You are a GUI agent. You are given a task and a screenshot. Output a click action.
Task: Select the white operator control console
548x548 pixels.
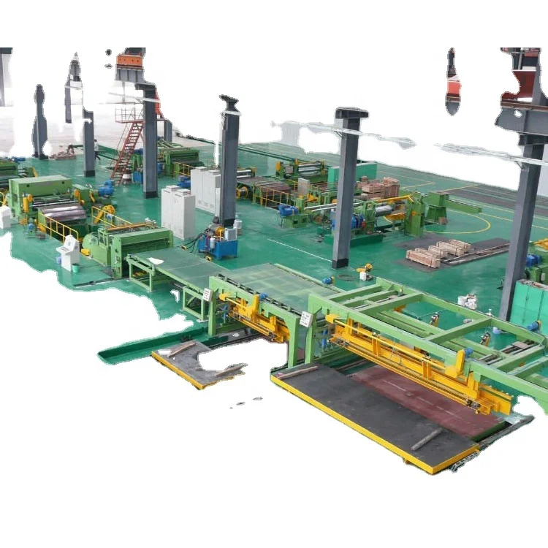pos(70,253)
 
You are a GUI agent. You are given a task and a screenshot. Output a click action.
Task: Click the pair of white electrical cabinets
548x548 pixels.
pos(178,211)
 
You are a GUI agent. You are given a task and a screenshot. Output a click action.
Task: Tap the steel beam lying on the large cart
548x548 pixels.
pos(427,438)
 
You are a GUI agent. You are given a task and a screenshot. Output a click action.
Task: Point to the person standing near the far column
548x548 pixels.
pos(96,149)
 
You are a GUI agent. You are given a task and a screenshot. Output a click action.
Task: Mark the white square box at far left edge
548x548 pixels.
pos(5,217)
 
